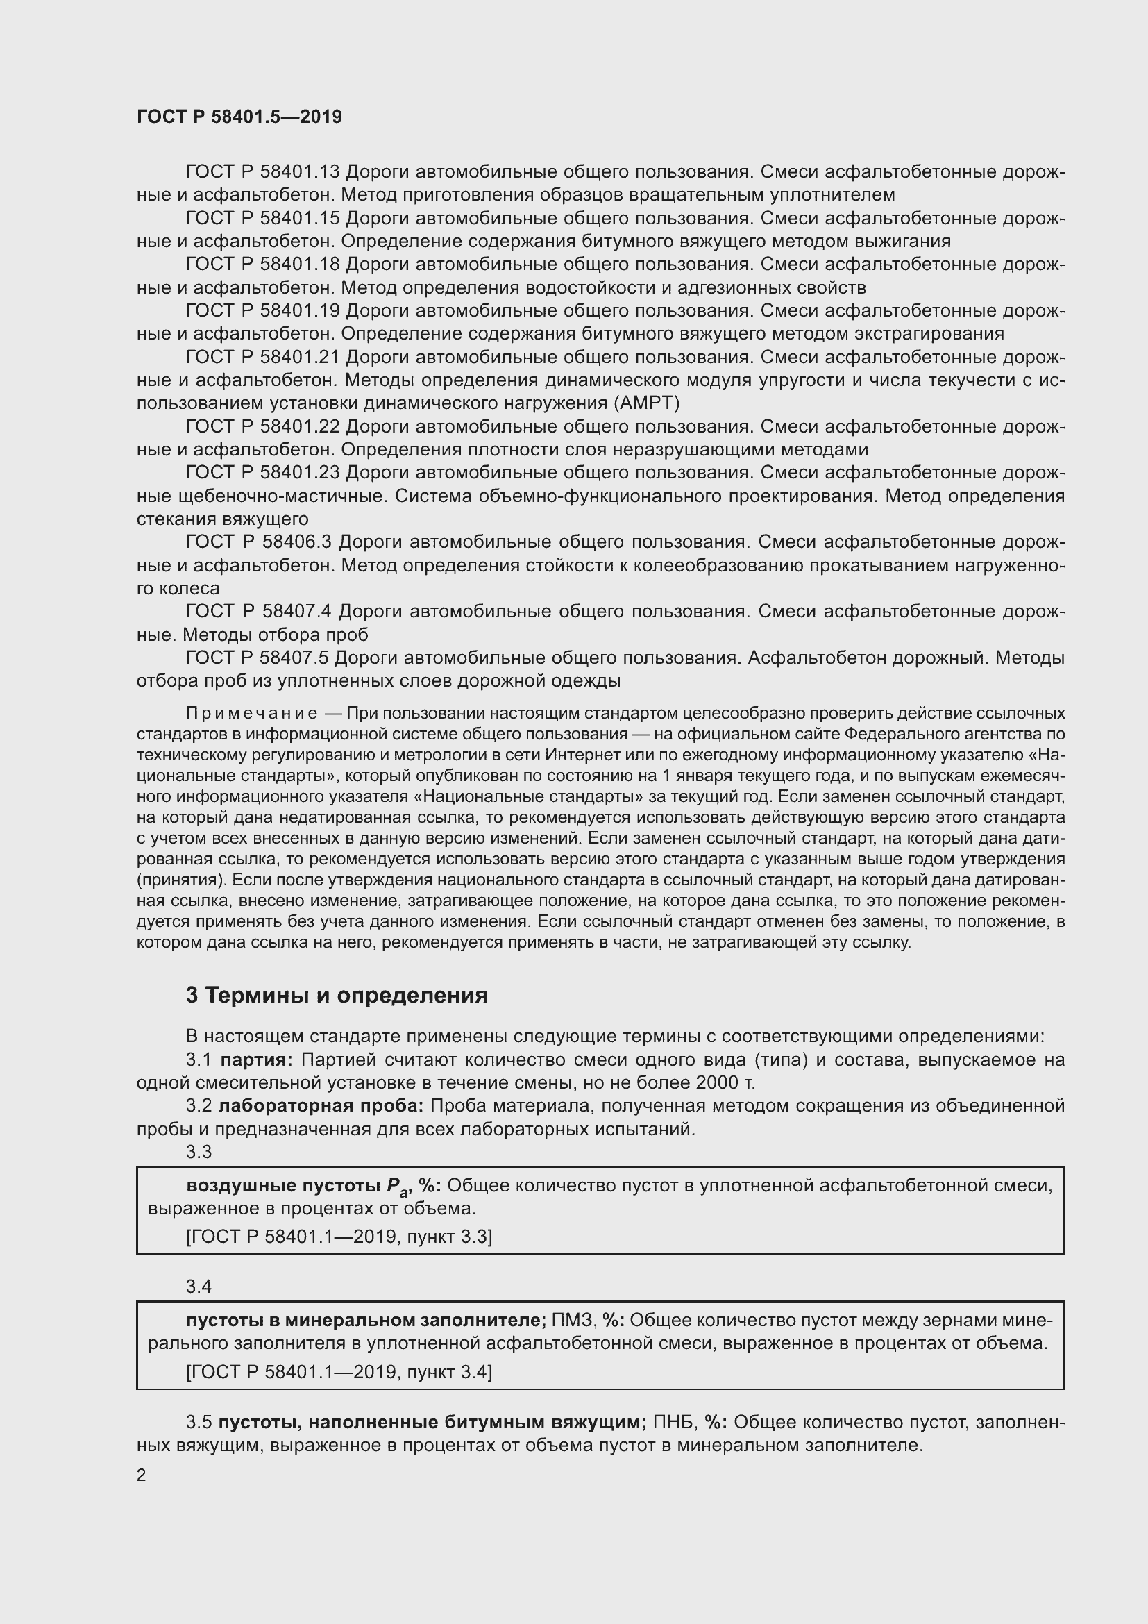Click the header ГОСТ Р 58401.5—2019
239,117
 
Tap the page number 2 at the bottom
142,1475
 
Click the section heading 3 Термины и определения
337,995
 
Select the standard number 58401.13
301,172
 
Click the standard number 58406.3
296,542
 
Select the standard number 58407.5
296,658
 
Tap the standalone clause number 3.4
199,1286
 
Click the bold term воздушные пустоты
283,1185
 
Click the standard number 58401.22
301,427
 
